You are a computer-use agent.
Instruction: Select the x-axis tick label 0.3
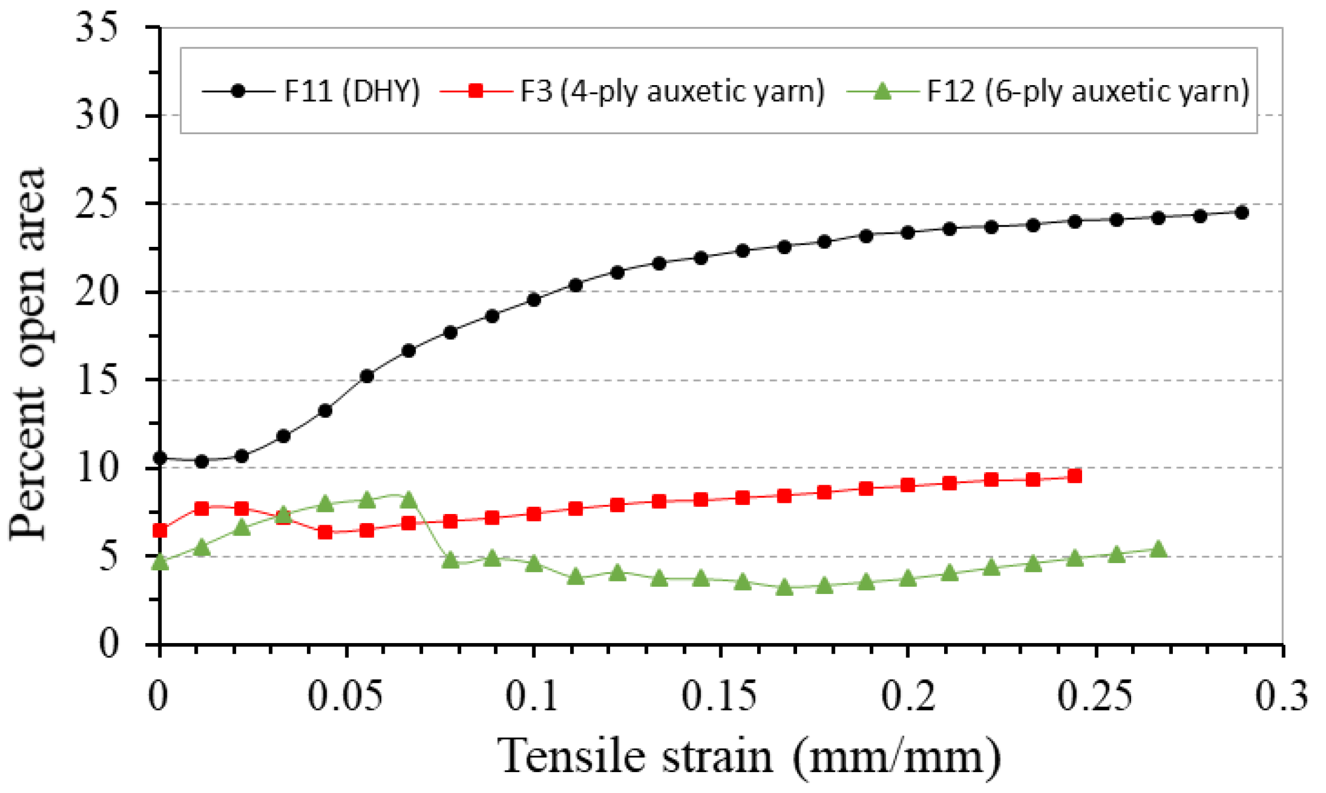1281,696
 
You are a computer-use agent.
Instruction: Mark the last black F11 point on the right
1241,212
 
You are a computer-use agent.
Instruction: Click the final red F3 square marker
1074,476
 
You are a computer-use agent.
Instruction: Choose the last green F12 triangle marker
1158,549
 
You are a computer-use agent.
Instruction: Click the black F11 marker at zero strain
160,458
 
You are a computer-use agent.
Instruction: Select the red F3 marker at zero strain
160,530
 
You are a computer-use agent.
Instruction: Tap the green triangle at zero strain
160,562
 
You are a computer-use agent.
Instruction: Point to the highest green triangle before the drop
409,499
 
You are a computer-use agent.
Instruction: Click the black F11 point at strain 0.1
533,300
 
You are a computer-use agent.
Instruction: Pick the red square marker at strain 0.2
907,485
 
